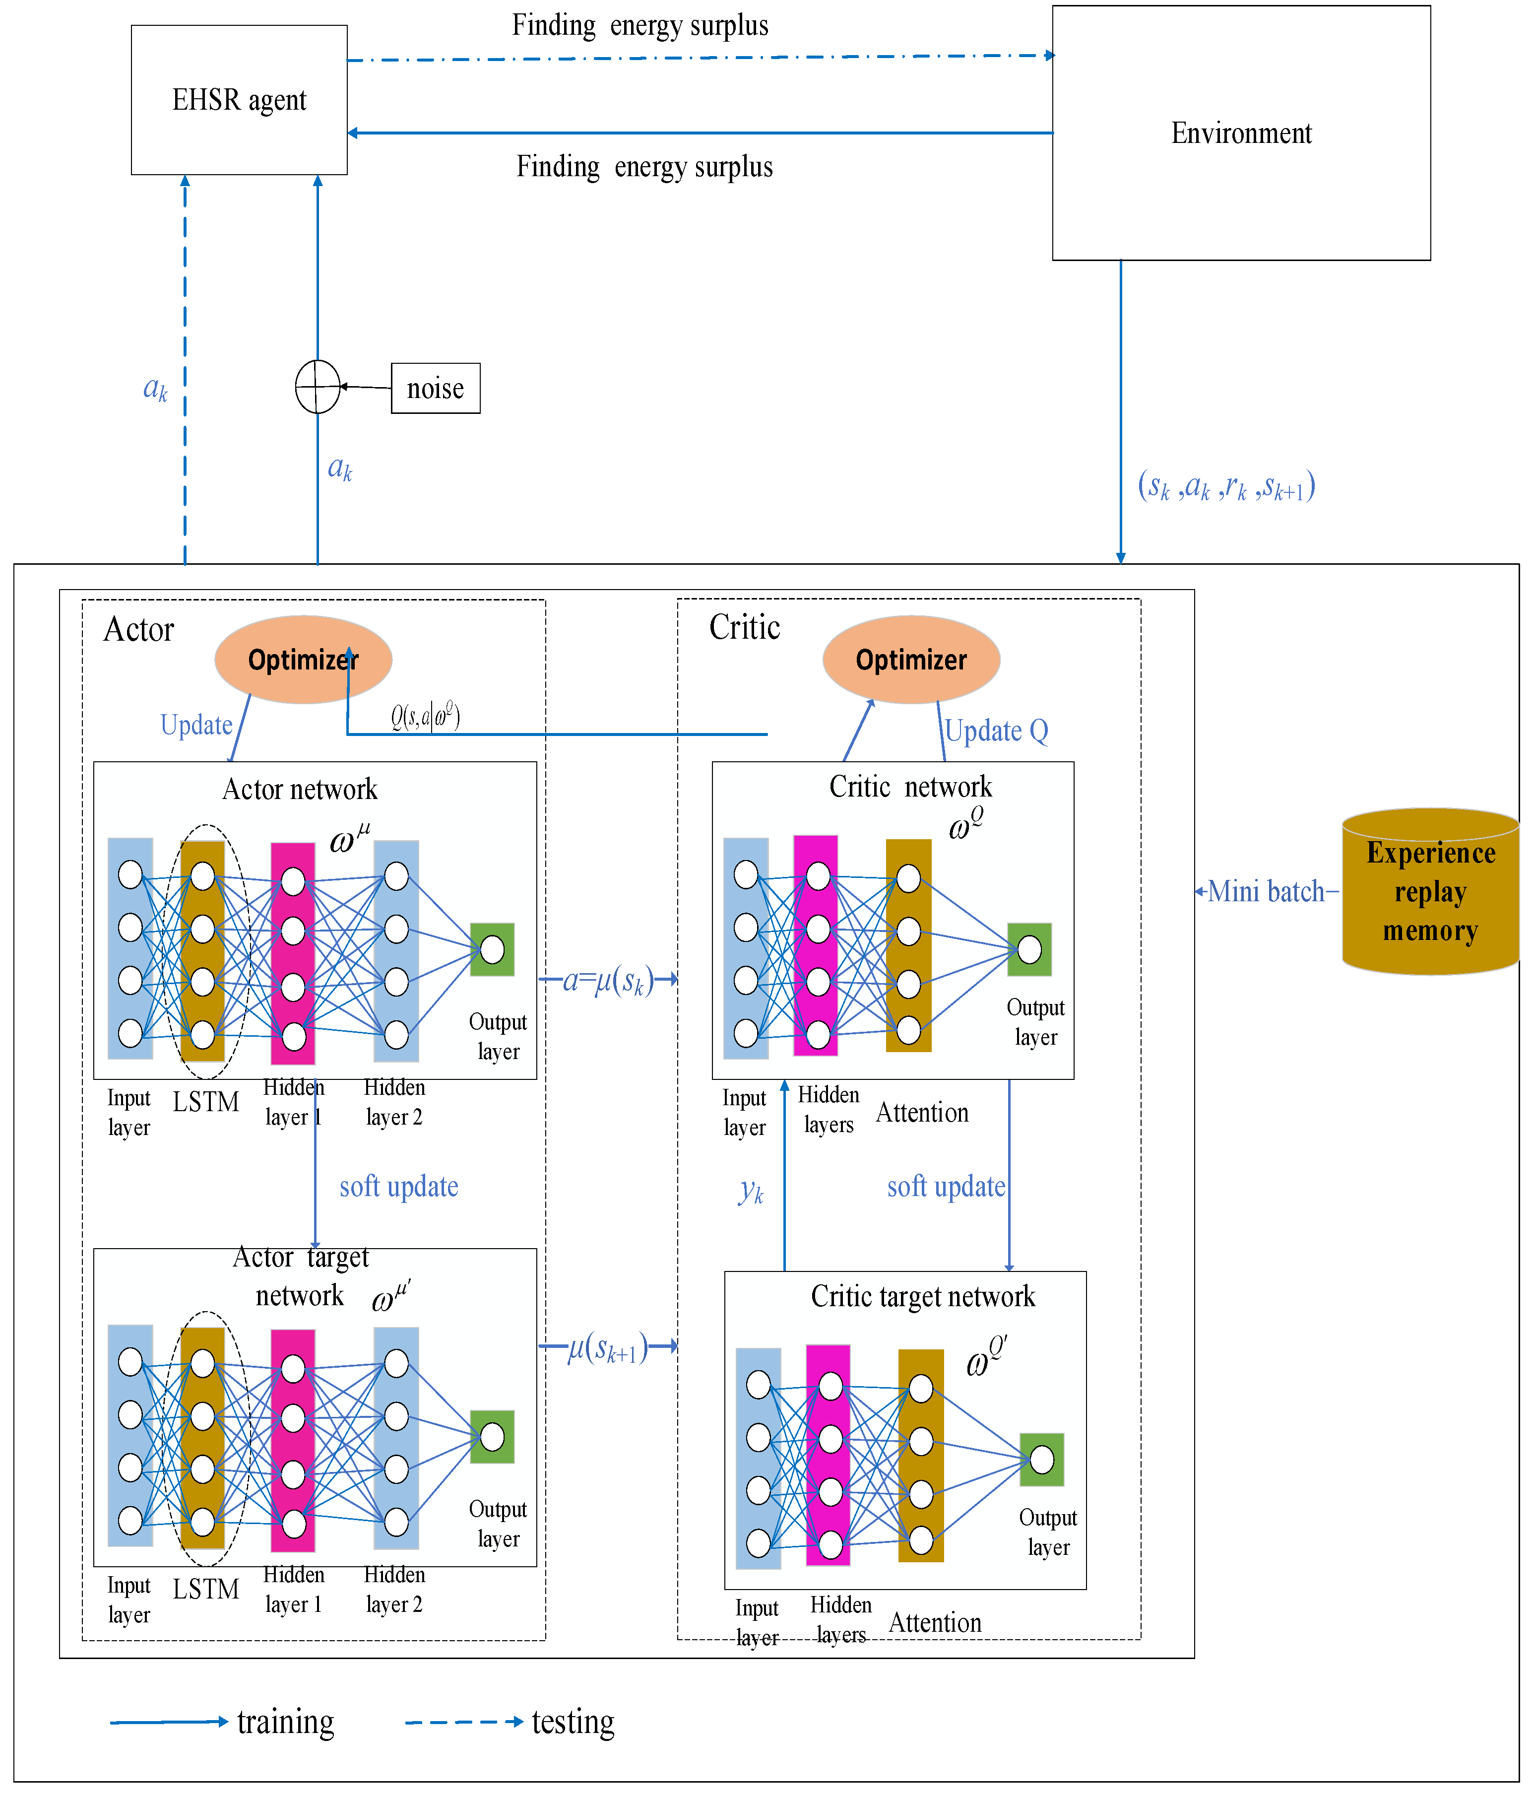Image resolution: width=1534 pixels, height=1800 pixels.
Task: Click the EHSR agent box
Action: point(239,100)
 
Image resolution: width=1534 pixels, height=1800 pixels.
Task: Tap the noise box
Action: point(435,388)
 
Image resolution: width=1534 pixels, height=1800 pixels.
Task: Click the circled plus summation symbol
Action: point(318,387)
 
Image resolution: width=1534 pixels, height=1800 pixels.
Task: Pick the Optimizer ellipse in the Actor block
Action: point(303,660)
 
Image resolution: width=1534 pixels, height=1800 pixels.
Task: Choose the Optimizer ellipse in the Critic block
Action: point(911,660)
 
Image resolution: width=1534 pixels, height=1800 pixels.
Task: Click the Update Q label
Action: point(996,731)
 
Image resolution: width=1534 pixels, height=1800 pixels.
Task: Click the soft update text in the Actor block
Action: point(399,1187)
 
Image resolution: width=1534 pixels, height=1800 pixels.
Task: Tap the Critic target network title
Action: point(922,1297)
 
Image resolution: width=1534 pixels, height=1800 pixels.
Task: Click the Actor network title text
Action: point(300,789)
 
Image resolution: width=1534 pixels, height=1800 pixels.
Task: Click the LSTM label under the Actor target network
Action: point(206,1589)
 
